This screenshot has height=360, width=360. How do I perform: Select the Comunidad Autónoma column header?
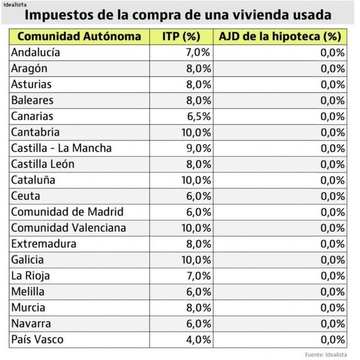click(x=79, y=37)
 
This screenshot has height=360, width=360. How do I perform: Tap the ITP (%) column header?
click(x=183, y=37)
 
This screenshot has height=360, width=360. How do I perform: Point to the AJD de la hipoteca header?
click(x=279, y=37)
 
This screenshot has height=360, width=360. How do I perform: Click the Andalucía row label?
click(x=36, y=53)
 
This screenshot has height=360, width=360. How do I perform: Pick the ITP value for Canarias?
click(x=197, y=117)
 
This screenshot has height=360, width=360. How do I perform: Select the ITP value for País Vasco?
click(x=197, y=339)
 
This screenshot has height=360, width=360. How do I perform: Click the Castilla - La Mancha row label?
click(x=61, y=148)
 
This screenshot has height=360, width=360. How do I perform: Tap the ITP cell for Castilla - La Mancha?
click(x=197, y=148)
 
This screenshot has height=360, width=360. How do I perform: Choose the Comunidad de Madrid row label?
click(x=67, y=212)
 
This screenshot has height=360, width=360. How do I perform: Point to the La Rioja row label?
click(x=30, y=275)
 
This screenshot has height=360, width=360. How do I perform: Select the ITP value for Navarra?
click(x=197, y=323)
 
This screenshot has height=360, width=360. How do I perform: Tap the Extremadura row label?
click(x=43, y=243)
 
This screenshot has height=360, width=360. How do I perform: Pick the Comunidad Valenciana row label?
click(x=68, y=228)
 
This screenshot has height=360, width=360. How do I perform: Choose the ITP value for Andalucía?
click(x=197, y=53)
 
